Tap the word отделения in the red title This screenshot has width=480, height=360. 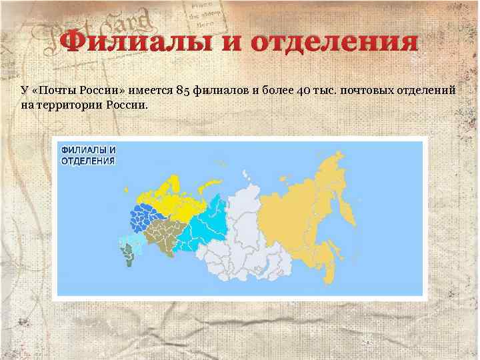334,43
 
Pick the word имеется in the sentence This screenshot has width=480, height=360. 148,91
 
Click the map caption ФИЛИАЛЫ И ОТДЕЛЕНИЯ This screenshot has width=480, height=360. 89,155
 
